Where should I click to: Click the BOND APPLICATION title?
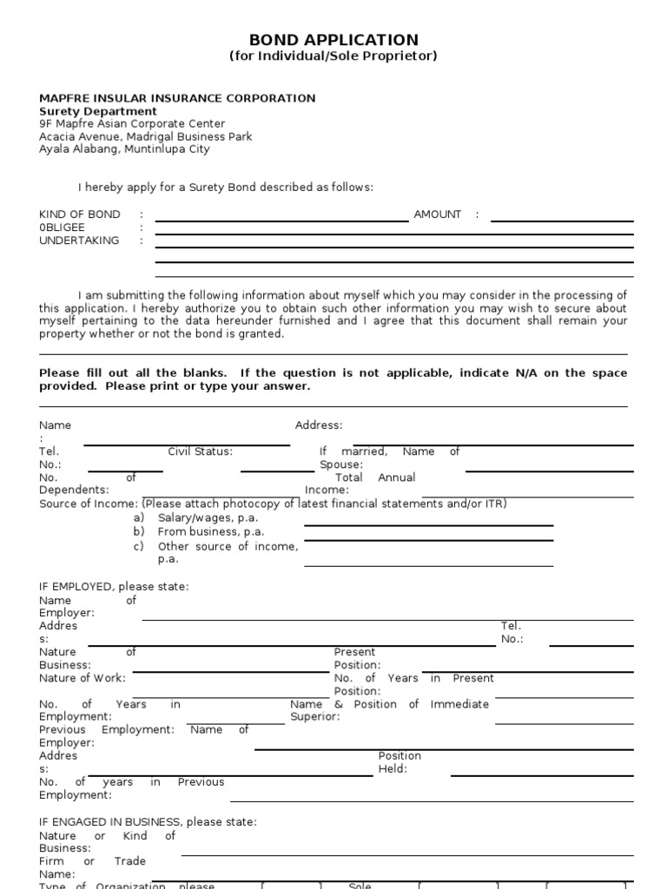333,40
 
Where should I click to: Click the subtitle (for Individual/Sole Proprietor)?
333,56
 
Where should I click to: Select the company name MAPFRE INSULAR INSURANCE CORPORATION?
177,98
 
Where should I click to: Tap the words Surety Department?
98,111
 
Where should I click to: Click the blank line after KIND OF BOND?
281,220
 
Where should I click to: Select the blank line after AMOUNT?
561,220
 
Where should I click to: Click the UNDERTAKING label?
79,240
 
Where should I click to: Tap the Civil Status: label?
200,451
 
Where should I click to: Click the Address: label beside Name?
319,425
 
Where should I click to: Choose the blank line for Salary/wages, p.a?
428,524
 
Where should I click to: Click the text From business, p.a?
210,531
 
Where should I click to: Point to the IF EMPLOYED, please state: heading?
114,587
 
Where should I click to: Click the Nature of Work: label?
83,678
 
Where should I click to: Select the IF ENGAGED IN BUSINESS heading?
148,822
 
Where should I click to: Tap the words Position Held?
400,762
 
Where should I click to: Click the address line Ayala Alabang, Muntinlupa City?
124,149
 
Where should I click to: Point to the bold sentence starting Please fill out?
333,379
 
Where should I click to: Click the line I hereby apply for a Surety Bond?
226,188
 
